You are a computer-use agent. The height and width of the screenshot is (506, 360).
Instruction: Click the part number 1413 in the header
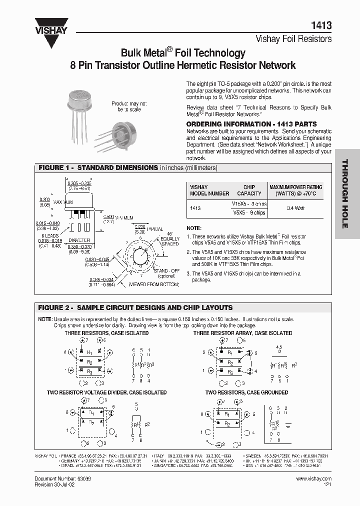(x=322, y=25)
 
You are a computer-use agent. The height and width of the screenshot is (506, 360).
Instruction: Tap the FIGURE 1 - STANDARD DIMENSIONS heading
(x=98, y=168)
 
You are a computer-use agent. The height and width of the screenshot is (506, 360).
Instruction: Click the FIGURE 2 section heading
(x=135, y=307)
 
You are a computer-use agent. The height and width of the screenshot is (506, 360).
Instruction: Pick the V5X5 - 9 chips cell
(x=249, y=212)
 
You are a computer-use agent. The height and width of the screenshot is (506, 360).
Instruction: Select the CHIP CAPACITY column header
(x=249, y=190)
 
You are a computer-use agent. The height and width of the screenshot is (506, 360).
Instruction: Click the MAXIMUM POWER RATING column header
(x=296, y=190)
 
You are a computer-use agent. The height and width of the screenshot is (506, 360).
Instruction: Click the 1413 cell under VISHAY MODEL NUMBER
(x=196, y=207)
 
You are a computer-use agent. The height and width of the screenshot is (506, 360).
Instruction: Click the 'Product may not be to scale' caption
(x=129, y=106)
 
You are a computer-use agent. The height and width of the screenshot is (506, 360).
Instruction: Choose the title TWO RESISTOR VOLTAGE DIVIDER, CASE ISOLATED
(x=107, y=392)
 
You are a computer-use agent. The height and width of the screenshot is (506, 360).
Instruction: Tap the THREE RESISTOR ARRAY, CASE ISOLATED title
(x=242, y=333)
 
